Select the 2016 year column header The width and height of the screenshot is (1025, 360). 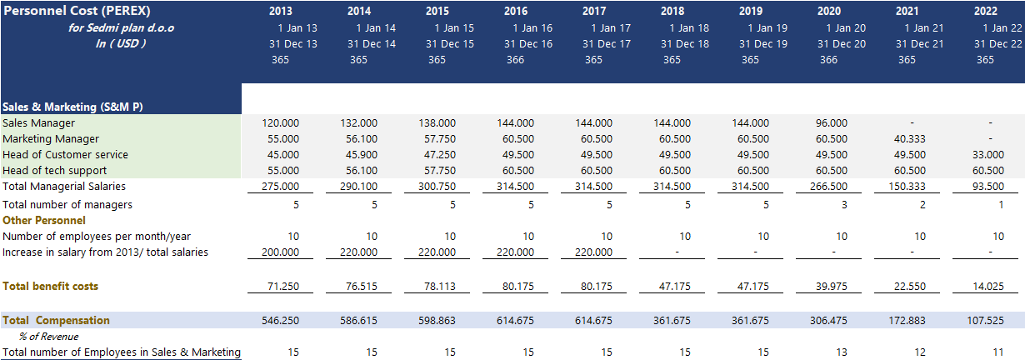(x=516, y=12)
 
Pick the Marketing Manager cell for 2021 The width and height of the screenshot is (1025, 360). (x=907, y=138)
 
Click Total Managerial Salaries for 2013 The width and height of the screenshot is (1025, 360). (x=280, y=186)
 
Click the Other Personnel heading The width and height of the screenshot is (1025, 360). (x=44, y=220)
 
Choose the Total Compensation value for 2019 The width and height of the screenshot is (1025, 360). (x=750, y=320)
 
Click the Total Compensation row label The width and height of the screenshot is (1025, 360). (x=57, y=320)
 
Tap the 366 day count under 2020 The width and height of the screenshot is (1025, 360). (x=828, y=59)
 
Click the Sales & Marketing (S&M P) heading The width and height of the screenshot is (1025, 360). (x=73, y=107)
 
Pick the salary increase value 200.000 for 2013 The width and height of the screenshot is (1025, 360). (x=280, y=252)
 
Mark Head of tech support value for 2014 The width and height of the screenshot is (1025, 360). (x=358, y=170)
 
